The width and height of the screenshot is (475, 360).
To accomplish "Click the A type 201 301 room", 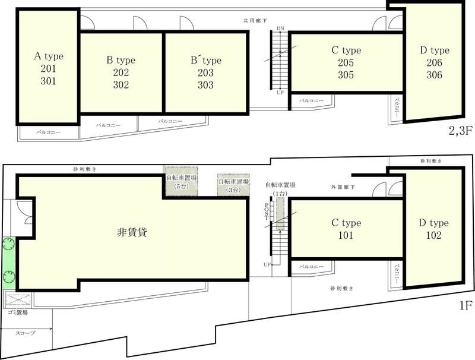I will click(48, 69).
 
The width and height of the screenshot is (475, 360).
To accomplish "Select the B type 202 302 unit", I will click(121, 72).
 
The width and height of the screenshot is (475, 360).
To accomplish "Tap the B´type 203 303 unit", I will click(205, 72).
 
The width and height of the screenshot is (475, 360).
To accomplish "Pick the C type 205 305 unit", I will click(346, 63).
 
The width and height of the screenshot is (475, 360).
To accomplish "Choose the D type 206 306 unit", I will click(434, 63).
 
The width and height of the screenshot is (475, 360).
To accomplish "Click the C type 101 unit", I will click(346, 229).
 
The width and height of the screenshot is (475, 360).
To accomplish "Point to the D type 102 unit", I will click(434, 229).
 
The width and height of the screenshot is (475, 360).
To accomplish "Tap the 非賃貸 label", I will click(132, 232).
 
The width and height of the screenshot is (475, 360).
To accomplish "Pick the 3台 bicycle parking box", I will click(229, 186).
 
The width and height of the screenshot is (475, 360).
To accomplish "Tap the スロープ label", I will click(26, 333).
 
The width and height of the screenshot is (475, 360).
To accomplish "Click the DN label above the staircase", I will click(280, 29).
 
